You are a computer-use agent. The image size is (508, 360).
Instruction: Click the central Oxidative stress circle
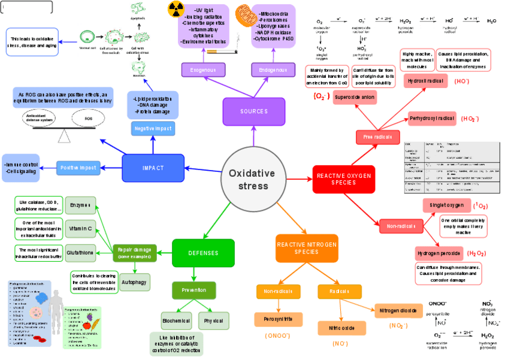[249, 178]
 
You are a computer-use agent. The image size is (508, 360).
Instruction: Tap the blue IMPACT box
[152, 168]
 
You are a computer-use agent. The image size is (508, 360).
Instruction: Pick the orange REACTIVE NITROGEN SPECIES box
[306, 248]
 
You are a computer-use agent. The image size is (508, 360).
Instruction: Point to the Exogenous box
[203, 70]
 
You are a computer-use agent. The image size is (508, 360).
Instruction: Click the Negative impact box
[153, 128]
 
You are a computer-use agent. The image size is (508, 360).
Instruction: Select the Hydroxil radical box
[426, 81]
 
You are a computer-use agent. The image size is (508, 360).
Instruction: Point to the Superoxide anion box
[355, 97]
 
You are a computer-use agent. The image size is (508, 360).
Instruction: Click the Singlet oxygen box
[446, 205]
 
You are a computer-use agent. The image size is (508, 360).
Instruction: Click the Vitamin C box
[80, 228]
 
